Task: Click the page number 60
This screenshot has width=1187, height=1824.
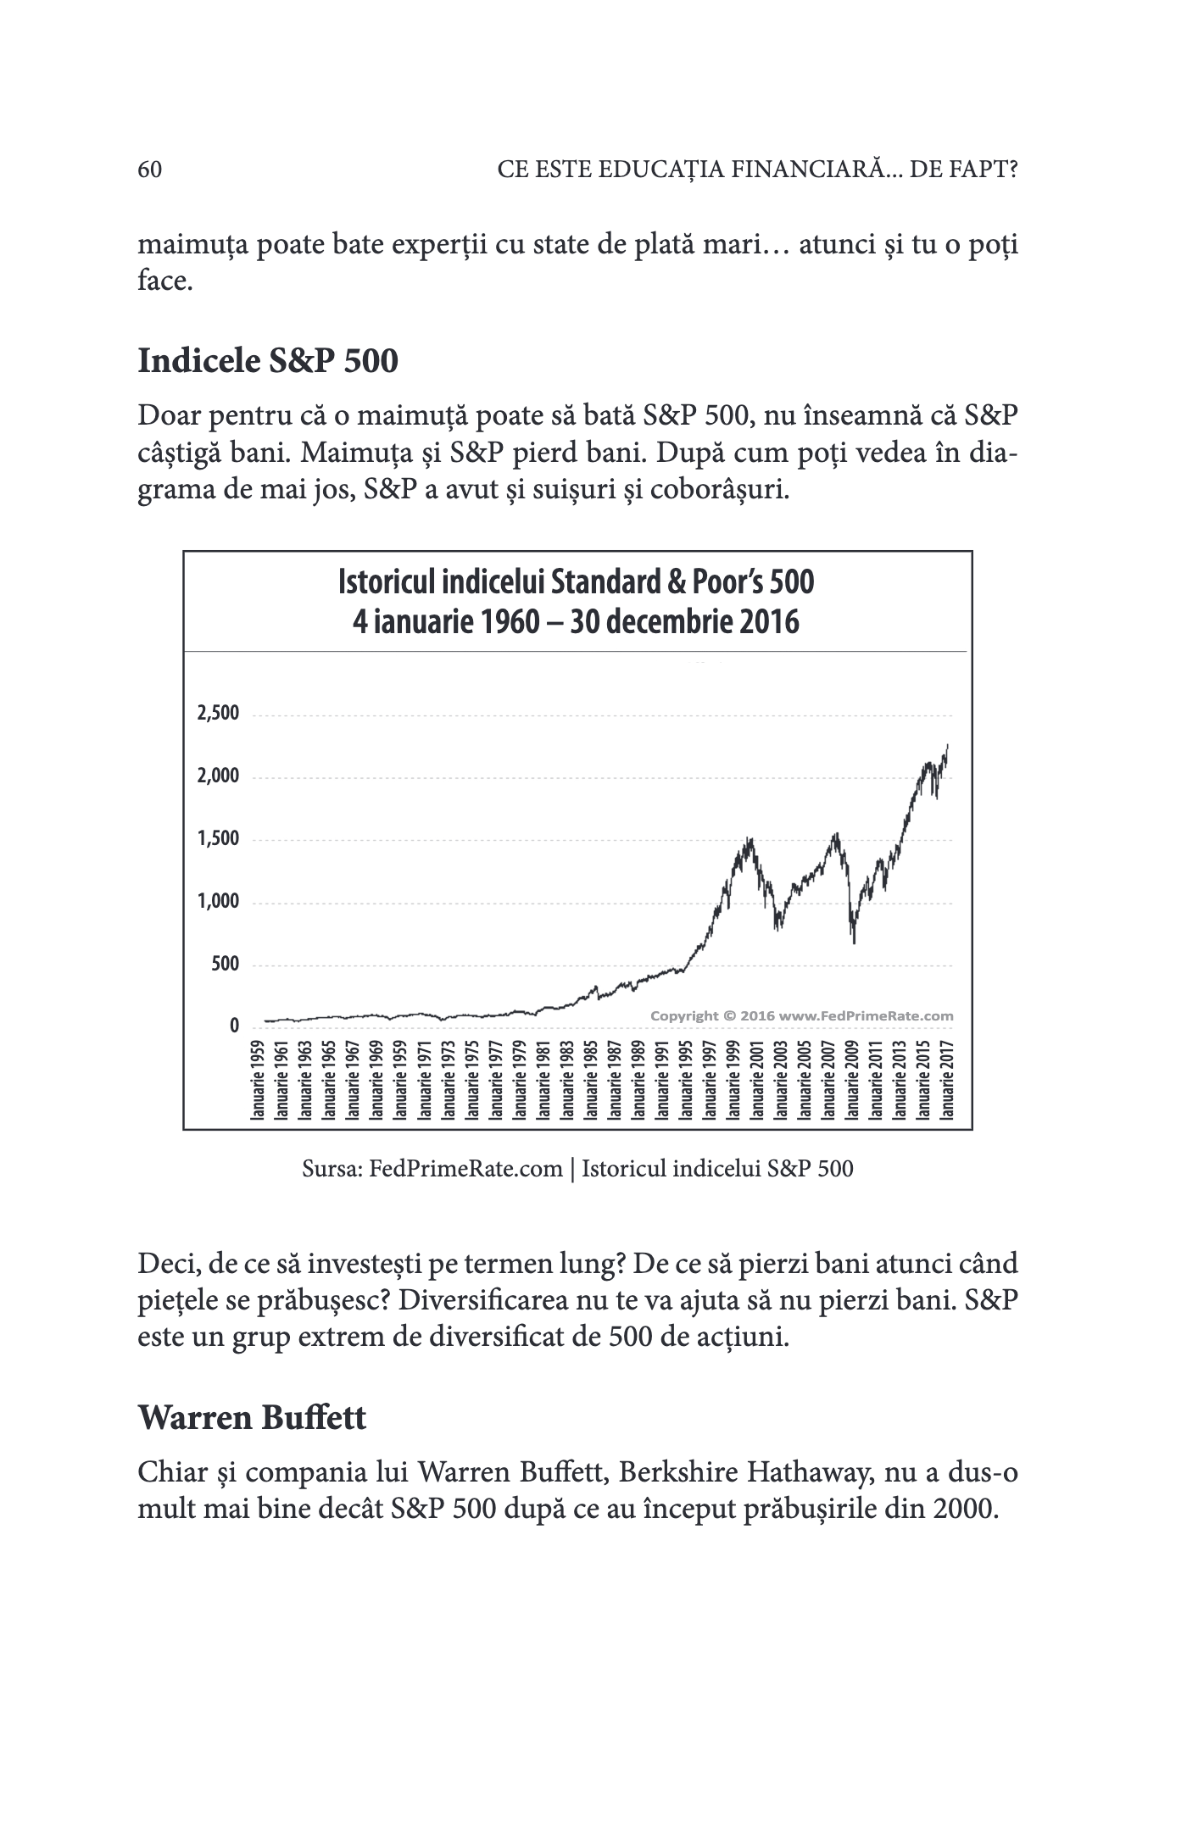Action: pos(149,170)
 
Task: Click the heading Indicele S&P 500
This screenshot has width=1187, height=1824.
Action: pos(267,361)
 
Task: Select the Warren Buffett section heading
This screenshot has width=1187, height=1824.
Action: pos(252,1417)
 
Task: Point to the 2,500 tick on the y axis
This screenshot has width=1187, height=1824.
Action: pos(219,713)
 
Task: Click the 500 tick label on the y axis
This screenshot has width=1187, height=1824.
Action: pos(226,964)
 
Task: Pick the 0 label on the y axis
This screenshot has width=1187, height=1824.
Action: pos(235,1026)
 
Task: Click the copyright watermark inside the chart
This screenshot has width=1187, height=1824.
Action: pos(801,1015)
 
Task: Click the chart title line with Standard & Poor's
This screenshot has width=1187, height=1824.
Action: pos(576,582)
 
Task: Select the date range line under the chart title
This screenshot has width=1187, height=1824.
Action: pos(576,623)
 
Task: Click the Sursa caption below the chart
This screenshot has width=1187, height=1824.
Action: pos(577,1170)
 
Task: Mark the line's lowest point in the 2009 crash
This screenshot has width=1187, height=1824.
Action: pos(854,943)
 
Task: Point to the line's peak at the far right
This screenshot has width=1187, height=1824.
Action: pos(947,745)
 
